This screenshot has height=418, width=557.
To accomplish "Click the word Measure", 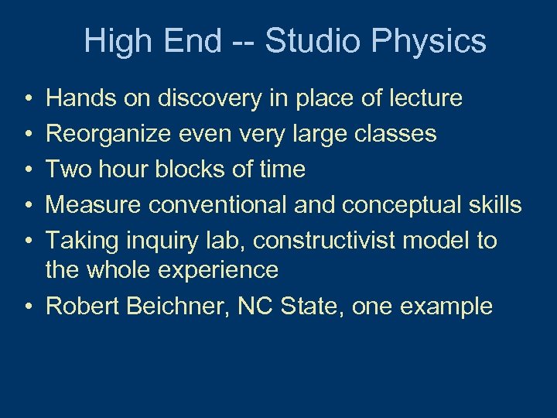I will (x=94, y=205).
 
